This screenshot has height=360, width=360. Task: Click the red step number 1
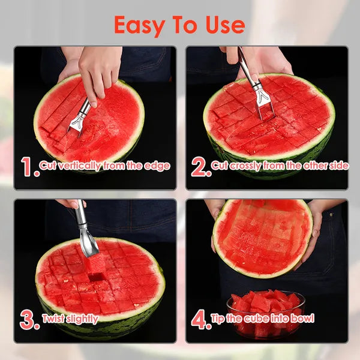point(28,167)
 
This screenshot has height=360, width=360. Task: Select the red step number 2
point(200,167)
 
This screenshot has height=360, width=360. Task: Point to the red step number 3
point(29,320)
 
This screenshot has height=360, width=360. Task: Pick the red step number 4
point(200,320)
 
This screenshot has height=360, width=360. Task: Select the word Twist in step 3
point(53,319)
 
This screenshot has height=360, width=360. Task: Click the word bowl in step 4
point(302,319)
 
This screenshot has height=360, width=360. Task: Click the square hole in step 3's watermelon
point(96,277)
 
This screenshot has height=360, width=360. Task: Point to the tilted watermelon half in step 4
point(262,237)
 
